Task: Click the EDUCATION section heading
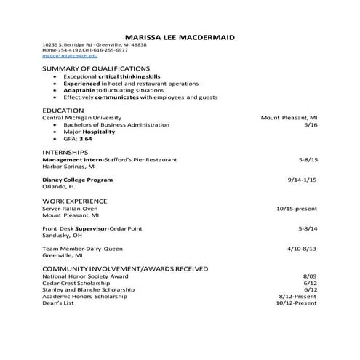(x=64, y=109)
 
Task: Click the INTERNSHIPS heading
(x=66, y=151)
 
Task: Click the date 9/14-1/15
(x=302, y=178)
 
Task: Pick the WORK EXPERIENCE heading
(x=75, y=200)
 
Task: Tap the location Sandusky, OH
(x=63, y=235)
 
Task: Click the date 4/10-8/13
(x=302, y=249)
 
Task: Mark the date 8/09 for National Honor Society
(x=310, y=276)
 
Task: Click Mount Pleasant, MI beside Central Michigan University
(x=289, y=116)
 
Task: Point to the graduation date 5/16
(x=311, y=124)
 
